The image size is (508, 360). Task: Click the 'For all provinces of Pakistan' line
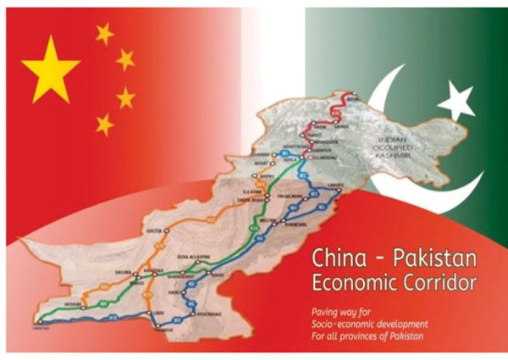pos(369,335)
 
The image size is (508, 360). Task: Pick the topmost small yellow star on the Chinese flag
pos(104,34)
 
